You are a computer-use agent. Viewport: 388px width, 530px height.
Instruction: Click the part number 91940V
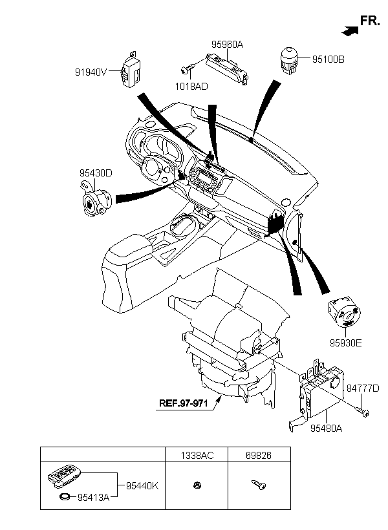91,72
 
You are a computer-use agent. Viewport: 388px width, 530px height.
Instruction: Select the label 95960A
228,45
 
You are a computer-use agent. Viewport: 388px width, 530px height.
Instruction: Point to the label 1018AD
191,87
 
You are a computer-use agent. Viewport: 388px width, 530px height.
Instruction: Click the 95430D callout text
96,173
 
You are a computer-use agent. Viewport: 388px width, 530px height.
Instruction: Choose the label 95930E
346,343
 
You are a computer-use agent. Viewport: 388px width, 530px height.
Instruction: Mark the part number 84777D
363,388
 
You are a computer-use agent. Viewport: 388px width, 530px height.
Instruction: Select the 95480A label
327,429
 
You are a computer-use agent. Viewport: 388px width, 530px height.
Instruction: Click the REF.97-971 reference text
184,403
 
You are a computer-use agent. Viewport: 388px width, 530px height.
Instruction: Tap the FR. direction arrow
350,31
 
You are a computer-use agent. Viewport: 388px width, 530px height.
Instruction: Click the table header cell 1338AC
197,456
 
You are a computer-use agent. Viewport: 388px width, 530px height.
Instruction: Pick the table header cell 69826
259,456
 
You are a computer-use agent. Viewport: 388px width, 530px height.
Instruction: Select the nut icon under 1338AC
198,485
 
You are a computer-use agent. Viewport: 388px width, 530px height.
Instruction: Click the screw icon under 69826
259,485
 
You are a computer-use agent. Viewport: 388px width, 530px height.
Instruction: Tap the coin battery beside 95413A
65,497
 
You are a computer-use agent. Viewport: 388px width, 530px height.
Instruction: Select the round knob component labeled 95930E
345,312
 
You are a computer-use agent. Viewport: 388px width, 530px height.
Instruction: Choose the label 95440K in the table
142,485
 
